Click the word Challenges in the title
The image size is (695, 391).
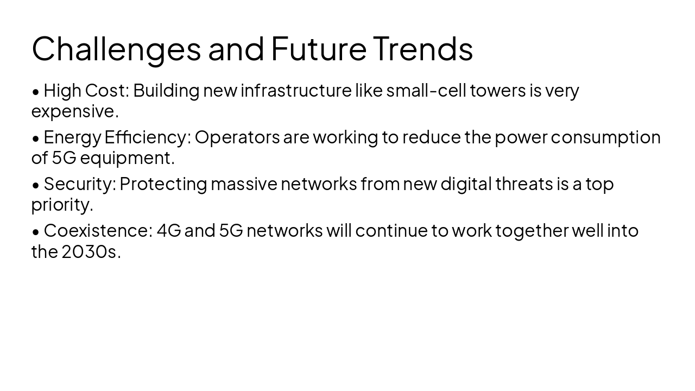pyautogui.click(x=116, y=48)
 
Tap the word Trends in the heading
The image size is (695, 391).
pyautogui.click(x=422, y=48)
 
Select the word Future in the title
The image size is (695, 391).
pyautogui.click(x=319, y=48)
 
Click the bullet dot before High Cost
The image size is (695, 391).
pyautogui.click(x=36, y=92)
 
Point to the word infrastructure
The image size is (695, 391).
pyautogui.click(x=296, y=90)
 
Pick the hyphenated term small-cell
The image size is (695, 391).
pyautogui.click(x=426, y=90)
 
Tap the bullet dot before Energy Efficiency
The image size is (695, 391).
pyautogui.click(x=36, y=138)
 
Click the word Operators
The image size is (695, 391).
pyautogui.click(x=237, y=137)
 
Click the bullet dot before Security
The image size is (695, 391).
pyautogui.click(x=36, y=185)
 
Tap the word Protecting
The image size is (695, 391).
pyautogui.click(x=163, y=184)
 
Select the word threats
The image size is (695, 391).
pyautogui.click(x=523, y=184)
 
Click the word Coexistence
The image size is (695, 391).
pyautogui.click(x=97, y=230)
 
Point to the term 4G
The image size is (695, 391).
pyautogui.click(x=169, y=230)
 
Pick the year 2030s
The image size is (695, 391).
pyautogui.click(x=89, y=251)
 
